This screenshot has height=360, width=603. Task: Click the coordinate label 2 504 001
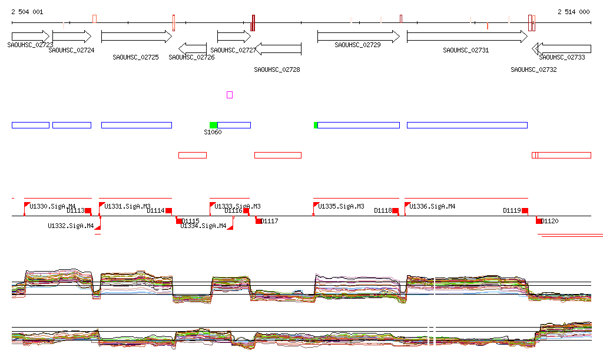27,12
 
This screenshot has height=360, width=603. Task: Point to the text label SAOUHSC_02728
277,70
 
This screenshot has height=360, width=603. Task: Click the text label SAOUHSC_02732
534,70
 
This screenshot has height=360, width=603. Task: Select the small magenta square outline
230,94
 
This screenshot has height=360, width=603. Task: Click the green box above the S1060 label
213,125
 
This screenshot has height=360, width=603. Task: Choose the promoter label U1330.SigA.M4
52,206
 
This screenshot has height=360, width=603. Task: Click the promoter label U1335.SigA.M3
341,206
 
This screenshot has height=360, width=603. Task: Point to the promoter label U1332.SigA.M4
71,226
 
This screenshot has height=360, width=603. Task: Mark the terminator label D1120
550,221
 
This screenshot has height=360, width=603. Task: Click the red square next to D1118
395,210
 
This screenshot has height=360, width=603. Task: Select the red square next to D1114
168,210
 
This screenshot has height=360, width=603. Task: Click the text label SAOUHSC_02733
562,57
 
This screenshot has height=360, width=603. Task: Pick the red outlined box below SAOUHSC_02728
277,155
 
